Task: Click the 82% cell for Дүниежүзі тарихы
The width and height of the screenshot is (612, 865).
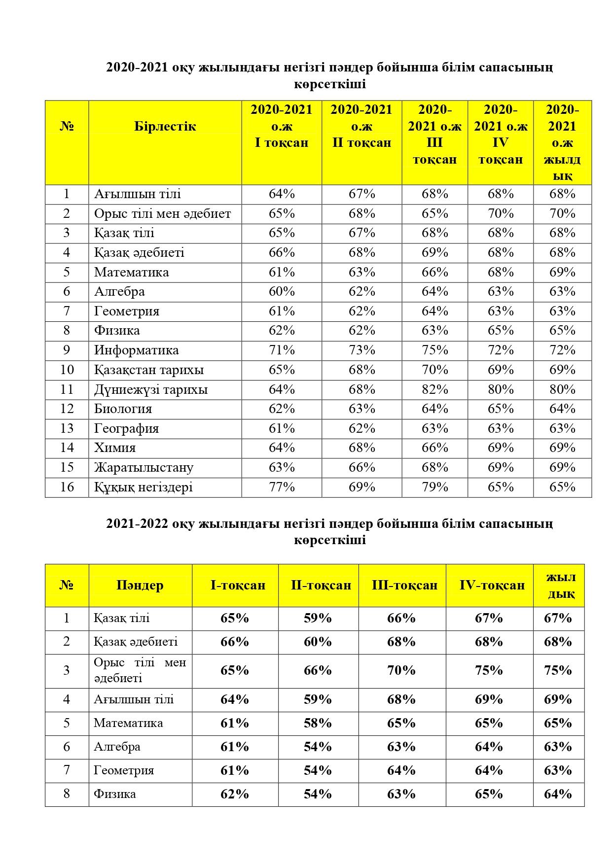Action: [x=434, y=389]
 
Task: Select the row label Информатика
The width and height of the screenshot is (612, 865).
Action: [x=136, y=350]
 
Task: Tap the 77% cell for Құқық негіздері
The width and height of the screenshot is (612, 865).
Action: [x=282, y=487]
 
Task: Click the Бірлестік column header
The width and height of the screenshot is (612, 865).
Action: [x=165, y=126]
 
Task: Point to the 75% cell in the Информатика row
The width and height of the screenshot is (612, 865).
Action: [x=434, y=350]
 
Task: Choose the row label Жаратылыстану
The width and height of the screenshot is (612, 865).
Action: [x=144, y=467]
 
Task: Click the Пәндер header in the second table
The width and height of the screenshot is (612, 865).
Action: [x=140, y=585]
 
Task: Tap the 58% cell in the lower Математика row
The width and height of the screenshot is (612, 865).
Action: [x=318, y=723]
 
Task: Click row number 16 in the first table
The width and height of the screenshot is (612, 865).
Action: [x=67, y=487]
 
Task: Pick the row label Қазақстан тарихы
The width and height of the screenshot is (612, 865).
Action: [x=149, y=370]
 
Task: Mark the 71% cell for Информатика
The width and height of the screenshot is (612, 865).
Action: [x=282, y=350]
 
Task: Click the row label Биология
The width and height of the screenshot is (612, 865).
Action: [x=123, y=409]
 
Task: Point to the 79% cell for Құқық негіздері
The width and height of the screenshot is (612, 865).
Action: [x=434, y=487]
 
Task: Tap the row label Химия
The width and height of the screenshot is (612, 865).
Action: [x=115, y=448]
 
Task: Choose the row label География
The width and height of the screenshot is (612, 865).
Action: [x=126, y=428]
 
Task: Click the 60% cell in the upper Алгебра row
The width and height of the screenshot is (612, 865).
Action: [x=282, y=291]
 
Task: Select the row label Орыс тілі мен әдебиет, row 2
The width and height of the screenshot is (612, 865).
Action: [x=162, y=213]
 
